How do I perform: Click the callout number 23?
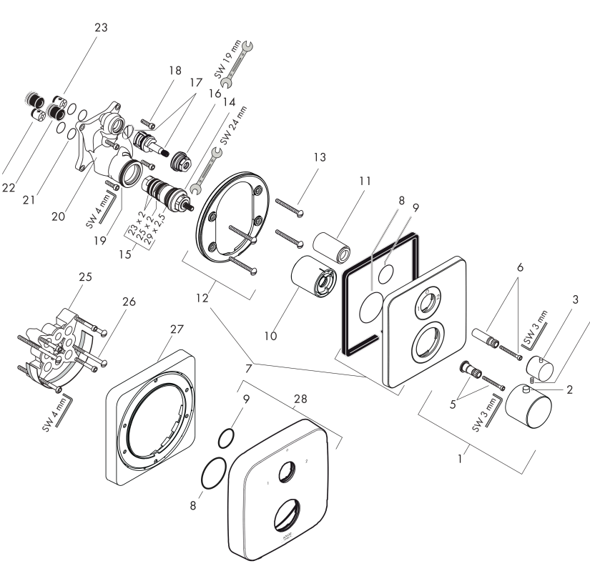point(100,28)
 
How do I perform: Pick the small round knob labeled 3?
point(542,367)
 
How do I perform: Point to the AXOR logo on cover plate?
point(289,534)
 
